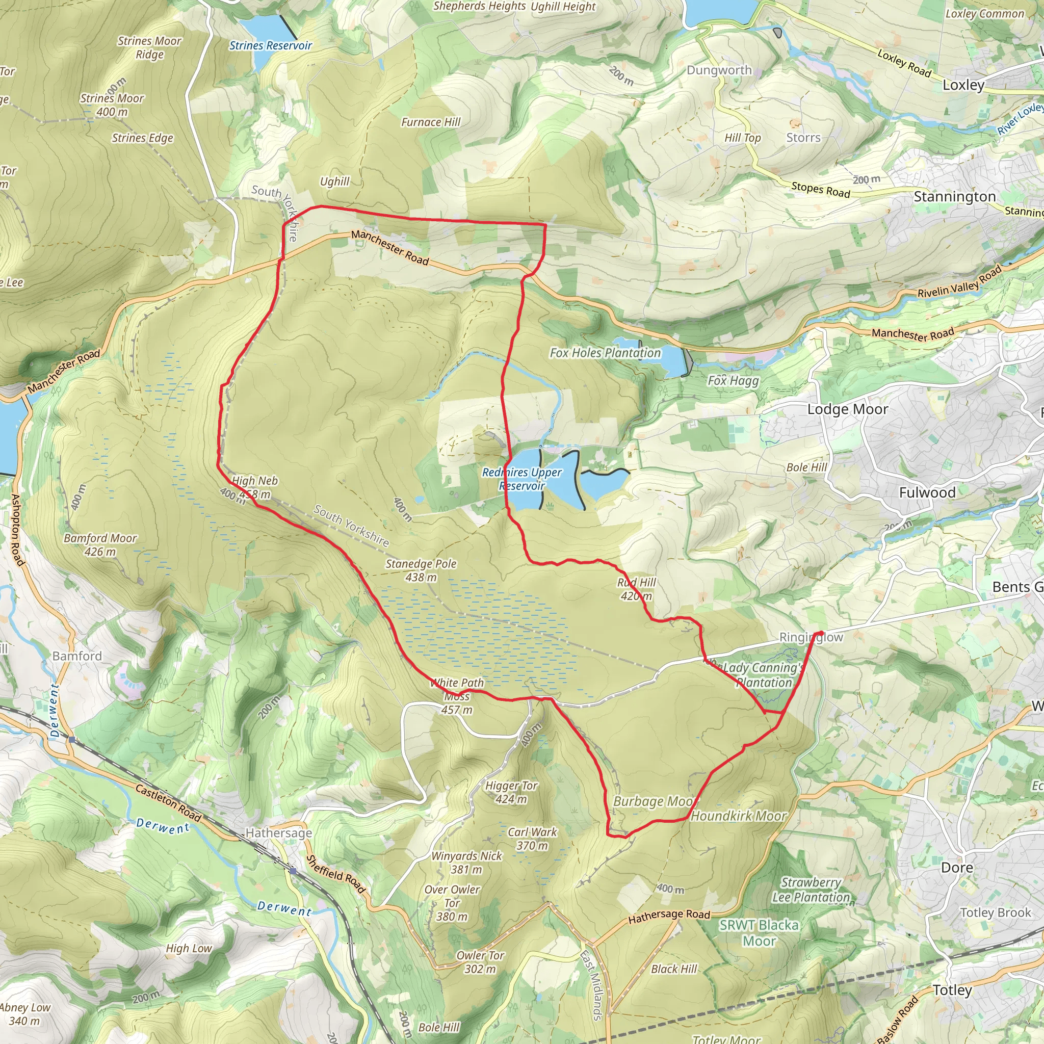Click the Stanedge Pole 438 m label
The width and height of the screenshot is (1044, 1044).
[x=421, y=570]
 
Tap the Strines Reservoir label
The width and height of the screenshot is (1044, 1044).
[x=271, y=45]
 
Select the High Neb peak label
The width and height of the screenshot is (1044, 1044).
[x=254, y=487]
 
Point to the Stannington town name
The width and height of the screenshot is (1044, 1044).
[x=954, y=197]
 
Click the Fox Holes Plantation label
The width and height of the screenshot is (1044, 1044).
[x=605, y=353]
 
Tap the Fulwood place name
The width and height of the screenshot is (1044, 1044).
[x=927, y=492]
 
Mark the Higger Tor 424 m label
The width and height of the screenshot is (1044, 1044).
[x=511, y=792]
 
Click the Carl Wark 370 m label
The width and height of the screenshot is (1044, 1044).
[x=532, y=839]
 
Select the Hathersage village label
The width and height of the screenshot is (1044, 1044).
[x=279, y=833]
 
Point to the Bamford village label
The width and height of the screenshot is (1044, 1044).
[x=77, y=656]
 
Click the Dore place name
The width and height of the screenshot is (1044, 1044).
[x=957, y=867]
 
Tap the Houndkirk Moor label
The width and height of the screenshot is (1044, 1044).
[x=739, y=816]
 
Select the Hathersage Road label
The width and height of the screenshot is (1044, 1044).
[x=669, y=916]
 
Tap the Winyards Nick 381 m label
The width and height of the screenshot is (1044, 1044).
[x=467, y=863]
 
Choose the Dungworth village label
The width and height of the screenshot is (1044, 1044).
[x=719, y=70]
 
